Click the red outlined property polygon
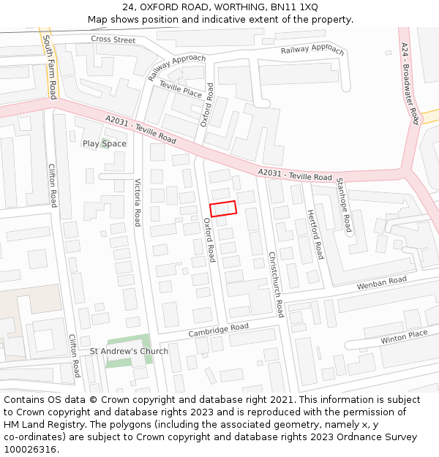pyautogui.click(x=223, y=208)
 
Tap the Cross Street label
pyautogui.click(x=113, y=39)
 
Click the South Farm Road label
pyautogui.click(x=49, y=67)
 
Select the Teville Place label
pyautogui.click(x=180, y=91)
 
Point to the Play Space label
pyautogui.click(x=104, y=143)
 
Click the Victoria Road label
pyautogui.click(x=138, y=202)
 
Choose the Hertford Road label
pyautogui.click(x=315, y=234)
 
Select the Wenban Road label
pyautogui.click(x=381, y=282)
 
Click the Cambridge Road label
pyautogui.click(x=218, y=331)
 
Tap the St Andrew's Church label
pyautogui.click(x=129, y=351)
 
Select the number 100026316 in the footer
pyautogui.click(x=29, y=449)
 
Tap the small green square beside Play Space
pyautogui.click(x=105, y=142)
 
